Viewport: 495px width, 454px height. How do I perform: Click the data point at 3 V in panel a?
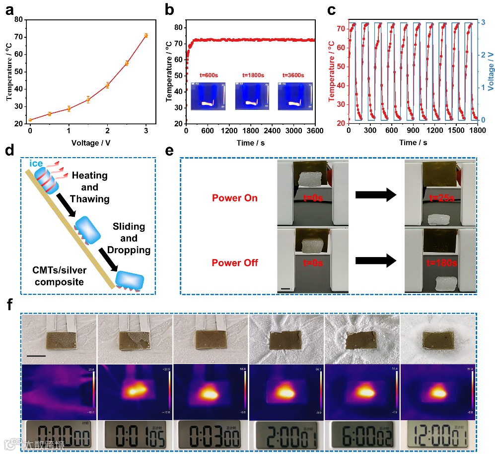click(146, 35)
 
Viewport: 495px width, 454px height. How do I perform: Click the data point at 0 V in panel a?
click(30, 120)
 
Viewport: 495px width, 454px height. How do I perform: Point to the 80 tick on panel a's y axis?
click(20, 19)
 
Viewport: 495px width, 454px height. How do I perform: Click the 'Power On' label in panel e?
click(235, 197)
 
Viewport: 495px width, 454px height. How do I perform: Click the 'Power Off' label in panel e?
click(235, 262)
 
